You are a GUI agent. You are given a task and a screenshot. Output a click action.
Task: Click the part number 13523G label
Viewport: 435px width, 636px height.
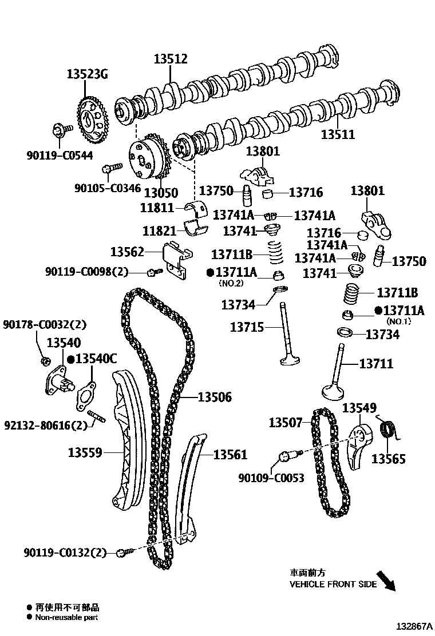[x=87, y=74]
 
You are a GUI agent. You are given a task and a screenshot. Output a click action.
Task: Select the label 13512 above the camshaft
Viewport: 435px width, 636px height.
[x=170, y=59]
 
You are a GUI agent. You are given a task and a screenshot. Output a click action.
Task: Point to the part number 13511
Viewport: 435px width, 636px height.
[x=338, y=135]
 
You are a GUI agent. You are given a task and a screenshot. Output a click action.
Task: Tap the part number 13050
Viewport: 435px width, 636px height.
[x=161, y=193]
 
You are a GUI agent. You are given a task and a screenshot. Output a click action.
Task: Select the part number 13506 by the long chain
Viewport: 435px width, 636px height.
[x=215, y=397]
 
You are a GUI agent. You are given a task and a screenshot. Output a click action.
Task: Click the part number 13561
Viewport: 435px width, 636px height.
[x=230, y=455]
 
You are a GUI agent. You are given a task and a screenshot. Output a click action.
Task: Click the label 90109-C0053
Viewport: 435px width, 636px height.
[x=271, y=478]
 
